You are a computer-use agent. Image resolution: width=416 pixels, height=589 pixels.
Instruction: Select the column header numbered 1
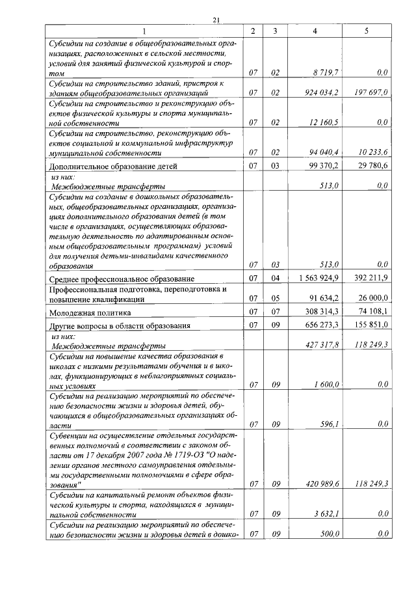tap(144, 31)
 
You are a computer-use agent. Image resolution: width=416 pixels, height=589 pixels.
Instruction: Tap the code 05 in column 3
tap(275, 299)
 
